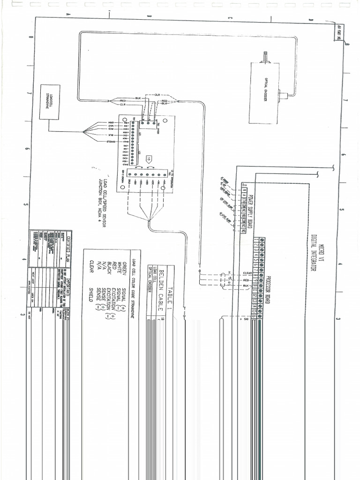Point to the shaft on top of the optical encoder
pos(265,58)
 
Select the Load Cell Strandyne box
pos(49,102)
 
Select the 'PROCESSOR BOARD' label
pos(269,285)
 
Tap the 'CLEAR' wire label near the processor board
pos(248,273)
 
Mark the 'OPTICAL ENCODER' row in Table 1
pos(149,278)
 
